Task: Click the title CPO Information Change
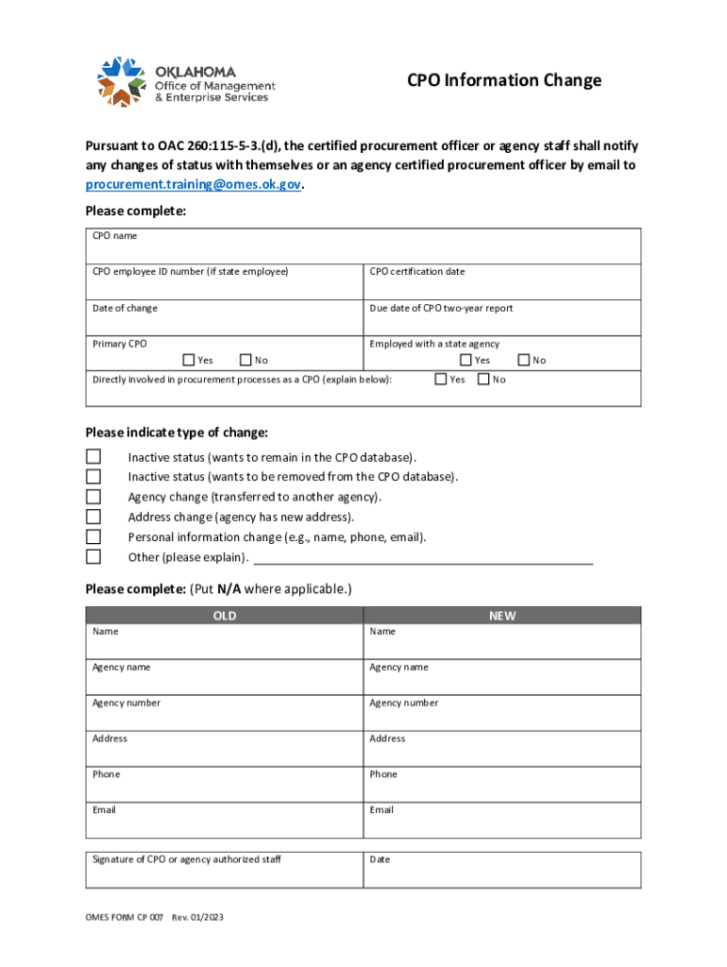click(503, 80)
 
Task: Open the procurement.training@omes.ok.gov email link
click(193, 185)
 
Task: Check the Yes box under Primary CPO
click(189, 360)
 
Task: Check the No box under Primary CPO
click(245, 360)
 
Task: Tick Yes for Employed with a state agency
click(465, 360)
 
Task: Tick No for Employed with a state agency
click(524, 360)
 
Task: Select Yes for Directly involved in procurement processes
click(440, 380)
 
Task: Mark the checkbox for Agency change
click(93, 497)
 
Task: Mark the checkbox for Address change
click(93, 517)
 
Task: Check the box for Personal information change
click(93, 536)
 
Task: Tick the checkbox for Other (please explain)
click(93, 556)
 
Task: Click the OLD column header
click(225, 616)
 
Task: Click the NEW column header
click(502, 616)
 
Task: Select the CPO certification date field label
click(416, 272)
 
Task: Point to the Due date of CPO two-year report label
click(441, 309)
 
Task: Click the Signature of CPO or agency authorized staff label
click(186, 859)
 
